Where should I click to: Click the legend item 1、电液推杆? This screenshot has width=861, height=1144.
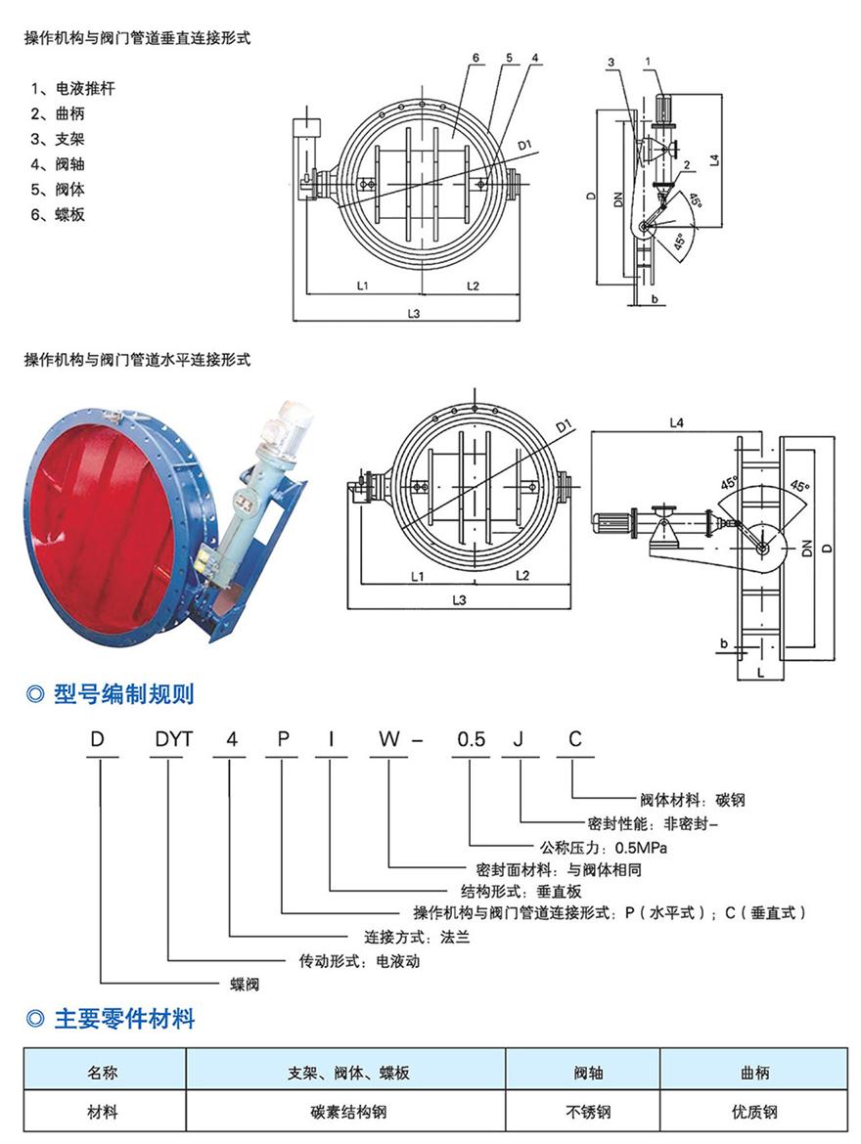(73, 89)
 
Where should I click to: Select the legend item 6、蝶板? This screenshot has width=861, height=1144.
(58, 214)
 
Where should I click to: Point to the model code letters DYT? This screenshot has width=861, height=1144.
(168, 740)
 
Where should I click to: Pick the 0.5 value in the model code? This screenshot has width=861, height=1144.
(470, 740)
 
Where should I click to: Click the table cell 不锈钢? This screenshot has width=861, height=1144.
(583, 1112)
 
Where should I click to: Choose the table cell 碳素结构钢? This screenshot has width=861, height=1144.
(346, 1112)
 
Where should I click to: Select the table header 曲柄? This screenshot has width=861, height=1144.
(754, 1073)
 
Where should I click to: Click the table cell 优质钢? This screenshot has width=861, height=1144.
(754, 1112)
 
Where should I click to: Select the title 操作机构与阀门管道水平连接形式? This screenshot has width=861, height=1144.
(137, 360)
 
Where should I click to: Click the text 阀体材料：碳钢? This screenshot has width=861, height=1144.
(691, 799)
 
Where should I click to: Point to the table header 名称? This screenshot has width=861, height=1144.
(103, 1073)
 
